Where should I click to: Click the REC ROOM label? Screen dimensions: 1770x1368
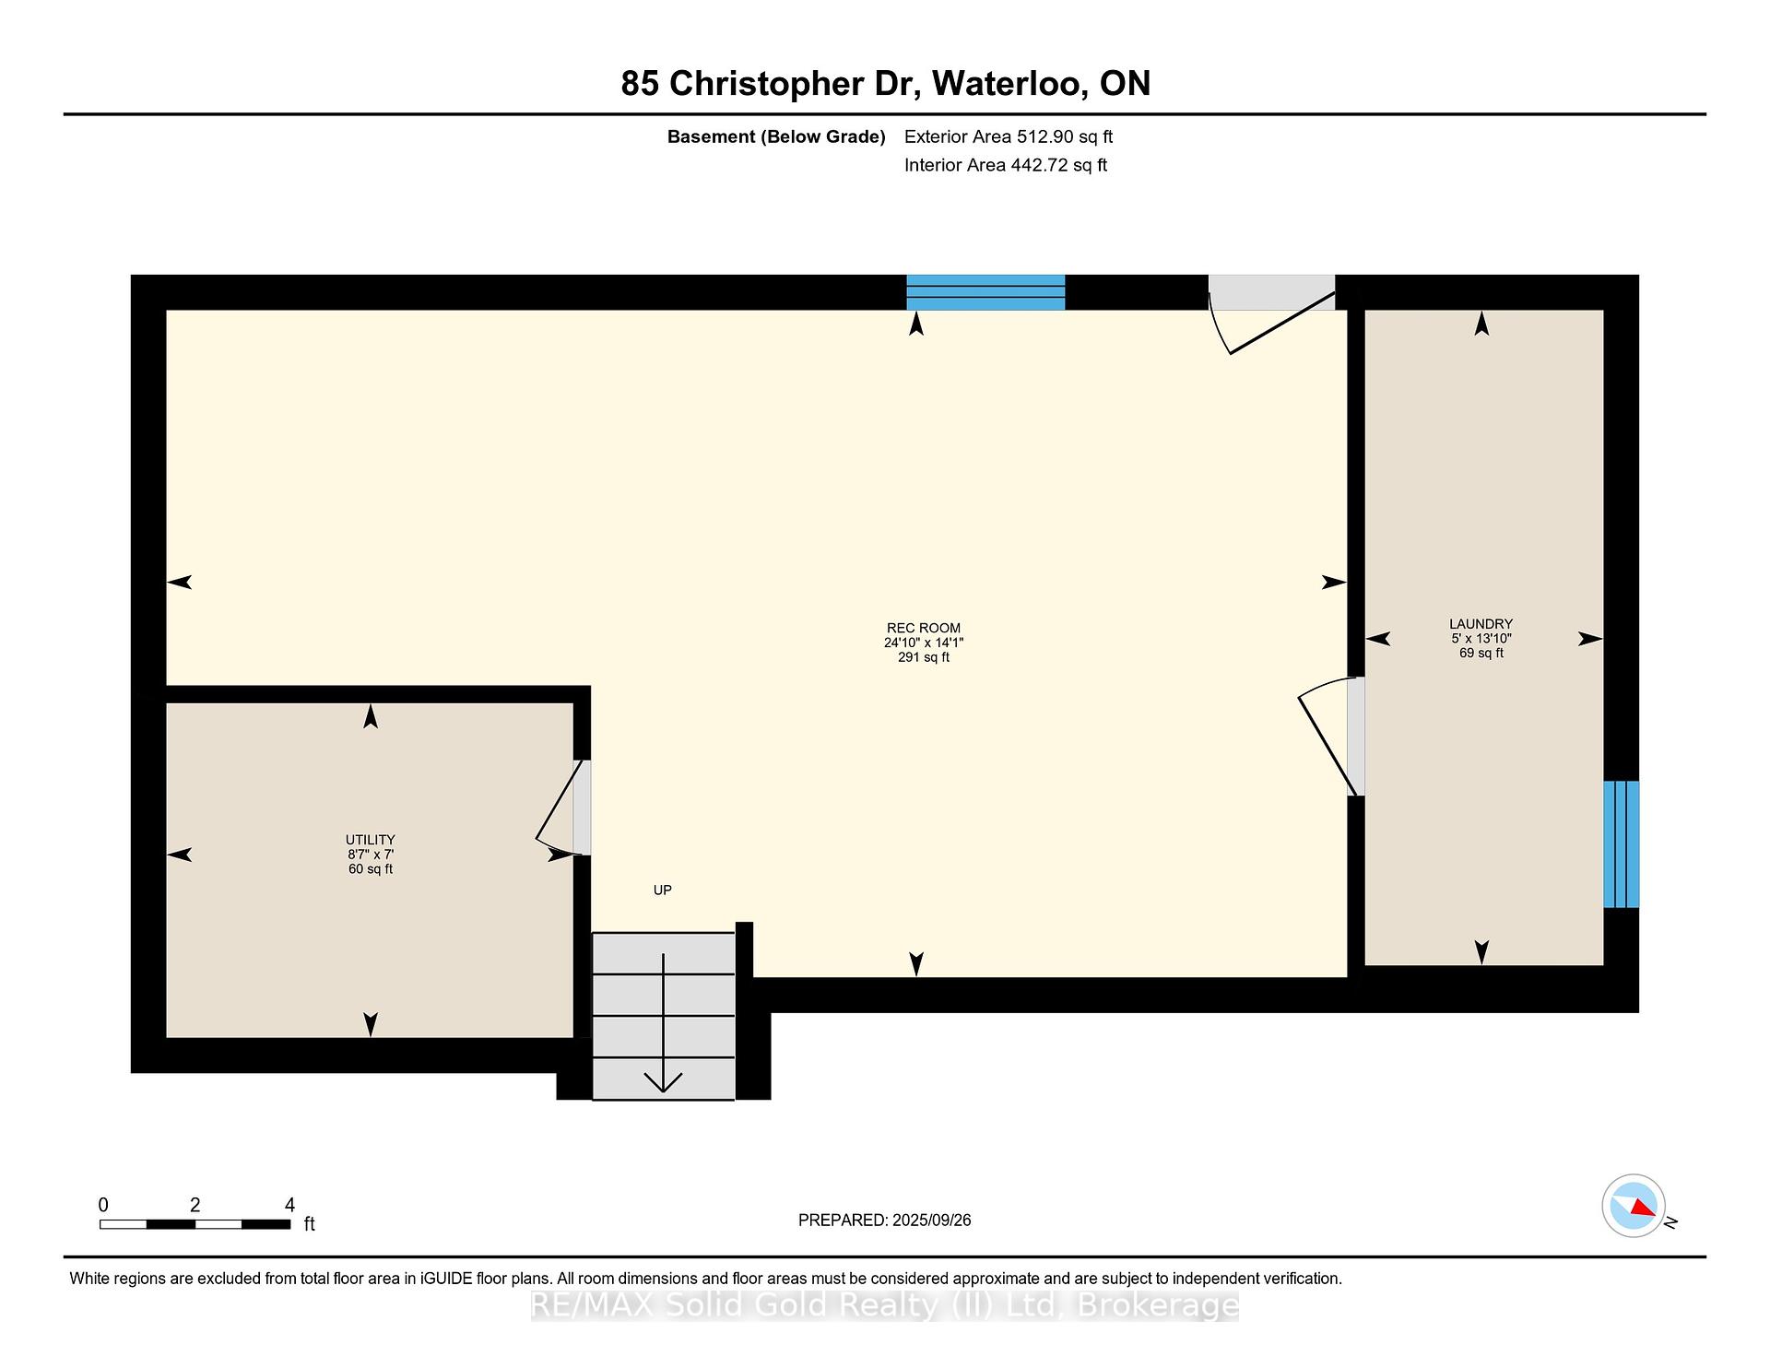pos(924,628)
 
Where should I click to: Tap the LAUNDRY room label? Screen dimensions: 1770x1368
pos(1481,624)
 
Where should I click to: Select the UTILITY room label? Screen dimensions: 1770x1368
pos(371,840)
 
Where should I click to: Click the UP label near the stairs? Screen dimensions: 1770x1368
pos(663,890)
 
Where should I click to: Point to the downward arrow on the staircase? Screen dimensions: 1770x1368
pos(664,1023)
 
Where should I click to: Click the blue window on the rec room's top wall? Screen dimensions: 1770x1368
pos(985,292)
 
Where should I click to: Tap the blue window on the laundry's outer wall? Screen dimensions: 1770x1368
pos(1622,844)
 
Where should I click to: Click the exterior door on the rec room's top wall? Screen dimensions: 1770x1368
pos(1272,313)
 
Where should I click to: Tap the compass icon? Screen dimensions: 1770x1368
pos(1634,1206)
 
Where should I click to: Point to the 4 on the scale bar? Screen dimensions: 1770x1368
pos(289,1205)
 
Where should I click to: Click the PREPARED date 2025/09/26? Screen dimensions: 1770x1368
pos(932,1221)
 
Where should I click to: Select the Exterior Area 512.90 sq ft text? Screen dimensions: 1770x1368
pos(1009,136)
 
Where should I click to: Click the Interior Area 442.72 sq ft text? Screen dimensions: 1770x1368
pos(1006,165)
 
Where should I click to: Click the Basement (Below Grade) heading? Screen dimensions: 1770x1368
pos(776,136)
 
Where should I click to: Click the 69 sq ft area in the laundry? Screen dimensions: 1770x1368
pos(1481,654)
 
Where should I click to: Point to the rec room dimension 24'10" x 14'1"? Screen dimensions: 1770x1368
pos(924,643)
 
